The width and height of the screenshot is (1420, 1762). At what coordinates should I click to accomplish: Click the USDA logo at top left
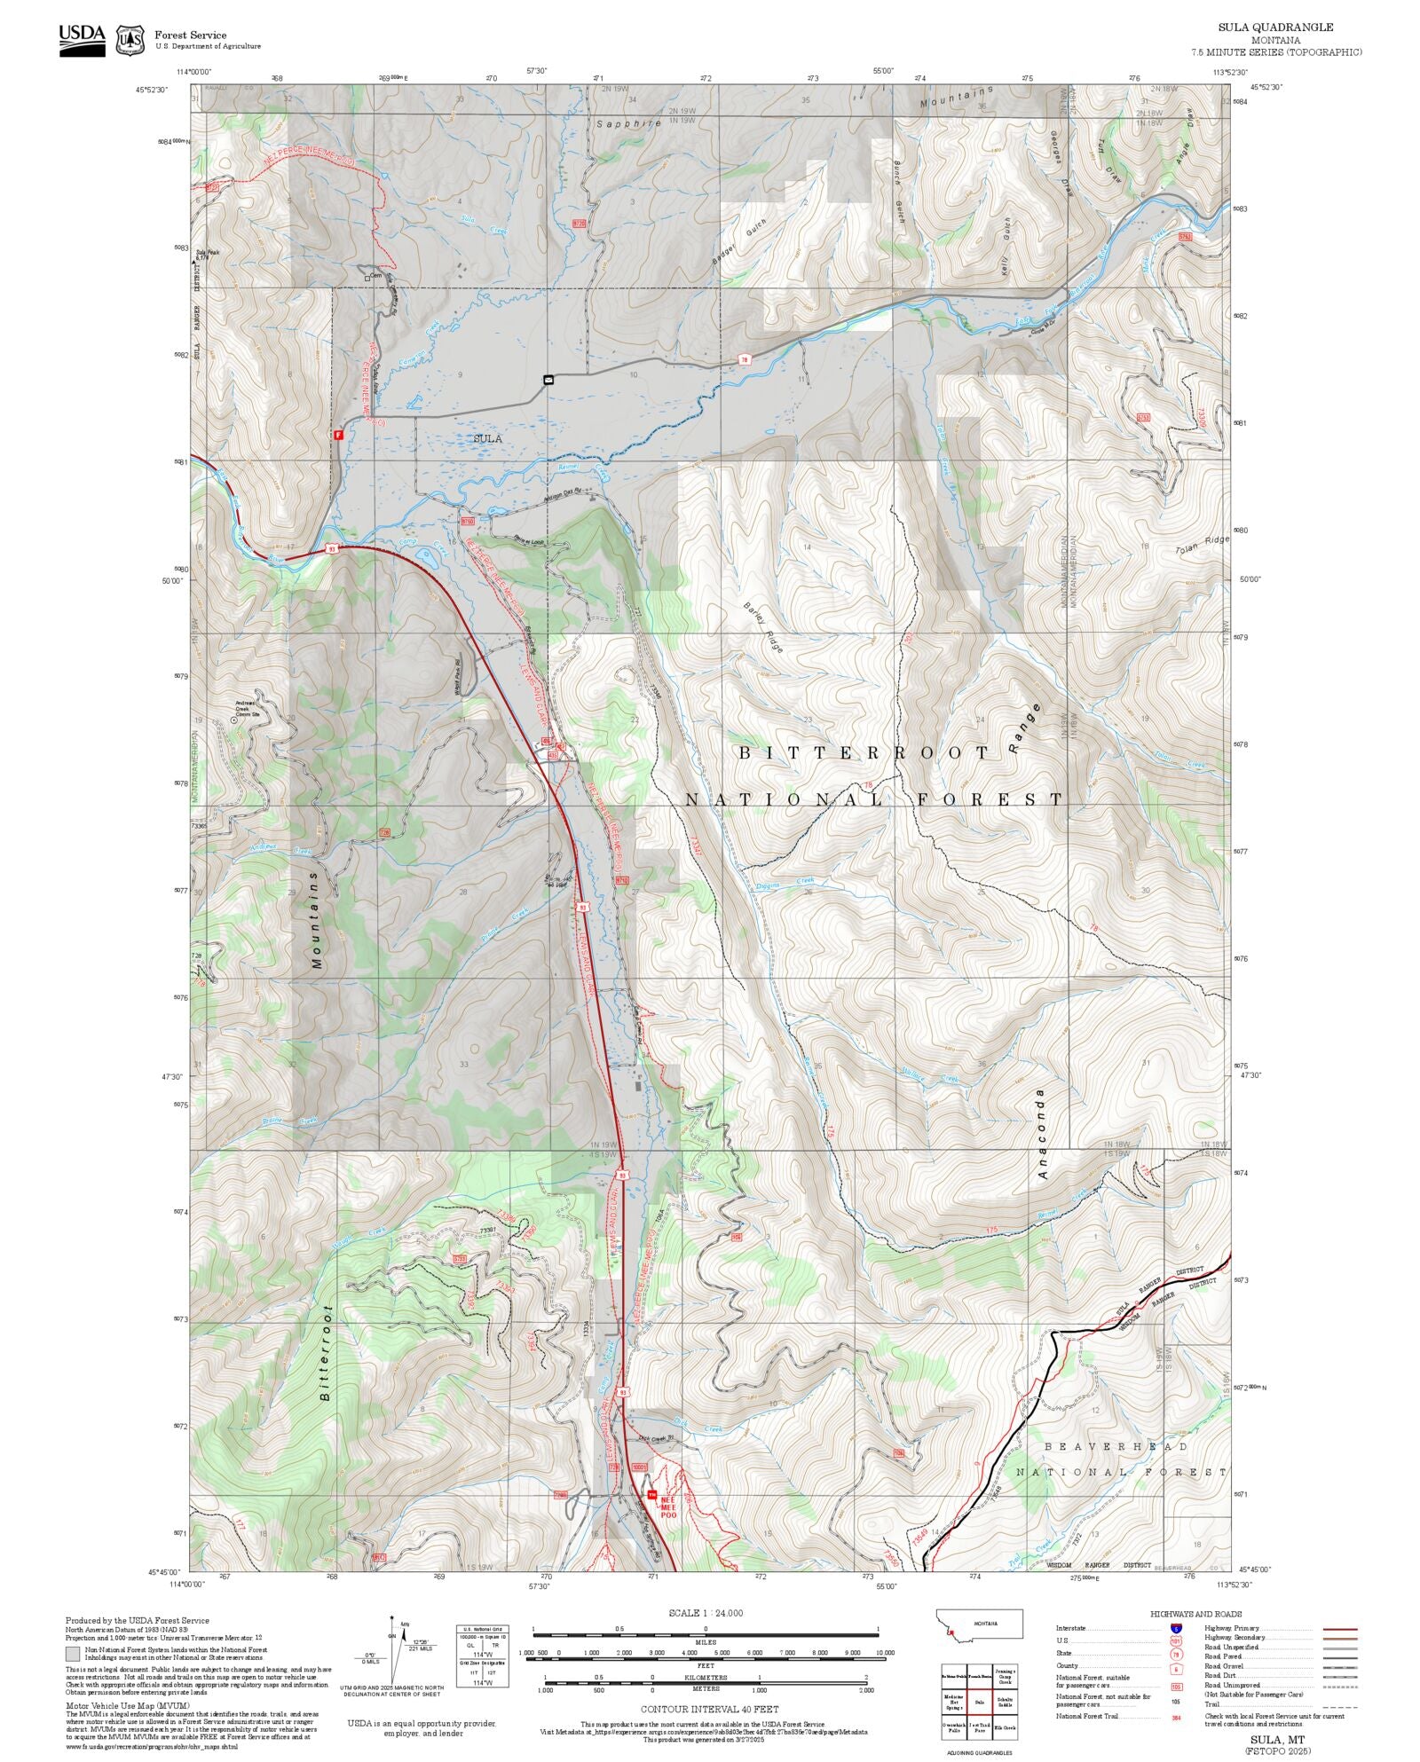click(82, 40)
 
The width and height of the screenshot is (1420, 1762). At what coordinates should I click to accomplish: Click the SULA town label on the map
click(487, 438)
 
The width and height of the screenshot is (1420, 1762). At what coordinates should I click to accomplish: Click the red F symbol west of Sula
click(337, 435)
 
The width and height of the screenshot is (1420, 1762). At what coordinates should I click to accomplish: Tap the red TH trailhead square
click(652, 1495)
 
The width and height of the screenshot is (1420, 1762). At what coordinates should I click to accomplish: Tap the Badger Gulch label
click(738, 242)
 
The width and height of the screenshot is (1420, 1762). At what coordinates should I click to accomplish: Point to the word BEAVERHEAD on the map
click(1116, 1447)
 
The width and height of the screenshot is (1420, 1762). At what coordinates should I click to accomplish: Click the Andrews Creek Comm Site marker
click(233, 720)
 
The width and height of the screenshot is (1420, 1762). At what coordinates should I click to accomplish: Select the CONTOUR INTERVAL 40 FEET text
click(709, 1708)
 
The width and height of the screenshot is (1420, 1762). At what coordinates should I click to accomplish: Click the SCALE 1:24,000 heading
click(706, 1613)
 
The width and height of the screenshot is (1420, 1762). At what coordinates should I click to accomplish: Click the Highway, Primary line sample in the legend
click(1339, 1629)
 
